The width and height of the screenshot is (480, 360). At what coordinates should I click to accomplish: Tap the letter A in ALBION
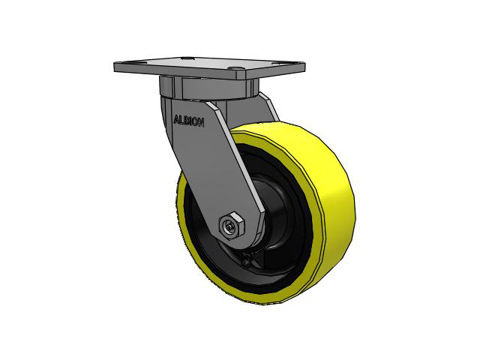coord(176,119)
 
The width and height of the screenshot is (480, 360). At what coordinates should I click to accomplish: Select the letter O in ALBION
coord(196,122)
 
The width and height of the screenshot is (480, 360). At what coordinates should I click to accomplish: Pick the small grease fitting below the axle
coord(248,262)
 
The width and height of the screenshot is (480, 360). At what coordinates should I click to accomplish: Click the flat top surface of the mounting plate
coord(187,66)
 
